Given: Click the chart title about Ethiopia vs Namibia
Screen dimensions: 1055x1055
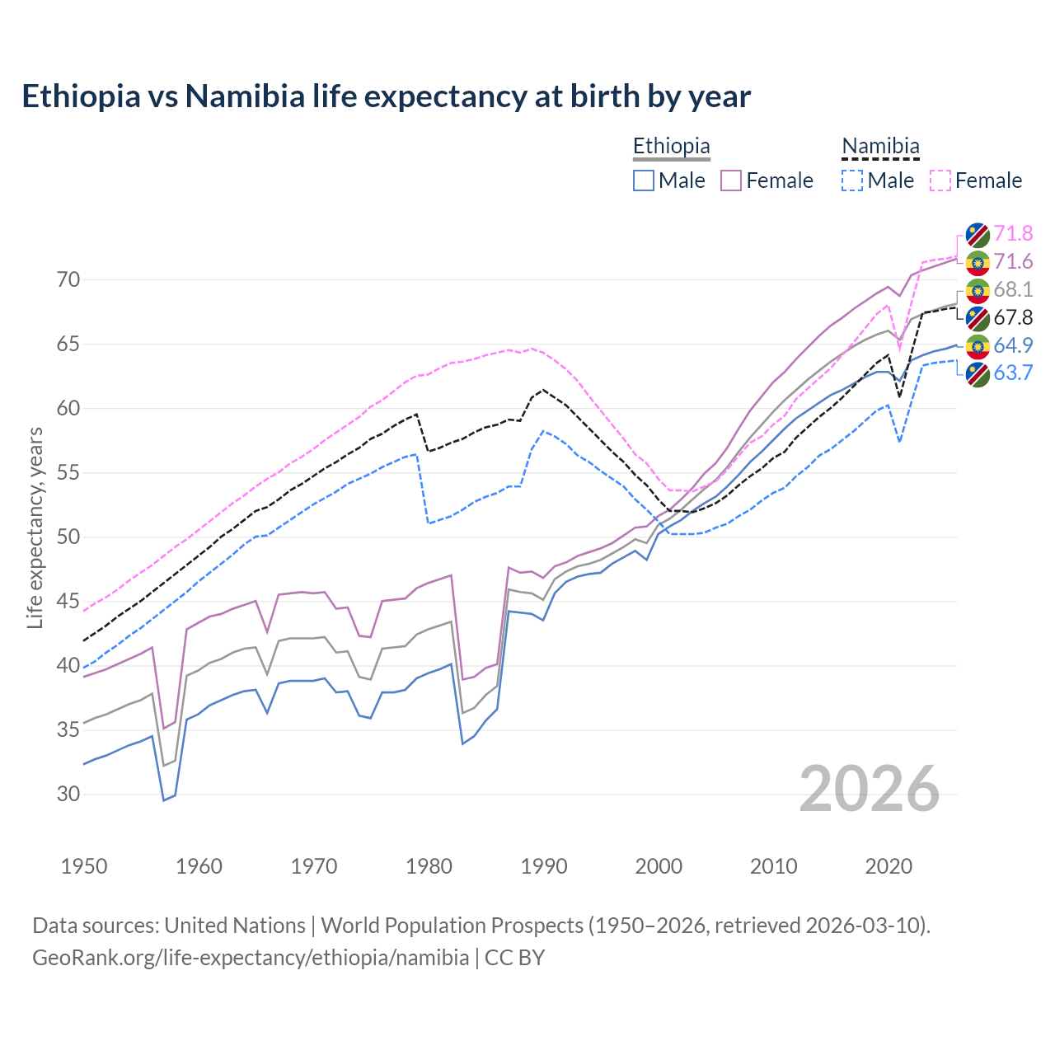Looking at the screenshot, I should (386, 96).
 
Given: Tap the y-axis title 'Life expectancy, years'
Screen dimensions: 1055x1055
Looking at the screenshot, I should (35, 527).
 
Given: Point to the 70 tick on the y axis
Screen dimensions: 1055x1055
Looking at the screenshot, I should (68, 280).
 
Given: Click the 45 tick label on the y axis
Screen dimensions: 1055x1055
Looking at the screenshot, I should (68, 602).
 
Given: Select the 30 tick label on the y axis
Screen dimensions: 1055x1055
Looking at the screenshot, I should (68, 795).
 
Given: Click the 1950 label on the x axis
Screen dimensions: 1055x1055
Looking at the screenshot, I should (84, 866).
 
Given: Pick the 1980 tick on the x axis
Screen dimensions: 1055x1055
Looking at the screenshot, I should (429, 866).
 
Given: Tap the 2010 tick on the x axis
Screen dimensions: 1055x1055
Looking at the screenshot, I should (773, 866).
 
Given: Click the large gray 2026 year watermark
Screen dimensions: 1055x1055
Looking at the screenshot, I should (869, 789).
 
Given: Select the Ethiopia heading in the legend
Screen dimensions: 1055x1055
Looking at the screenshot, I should (671, 146).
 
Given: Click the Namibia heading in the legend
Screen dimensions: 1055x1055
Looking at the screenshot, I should (880, 146).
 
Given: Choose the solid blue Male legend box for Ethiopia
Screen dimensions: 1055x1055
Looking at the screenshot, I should (644, 181).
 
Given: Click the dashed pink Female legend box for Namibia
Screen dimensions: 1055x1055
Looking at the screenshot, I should (940, 181).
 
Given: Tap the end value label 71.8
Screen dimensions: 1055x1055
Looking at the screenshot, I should (1013, 234).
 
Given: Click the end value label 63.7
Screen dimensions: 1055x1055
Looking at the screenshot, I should (1013, 373).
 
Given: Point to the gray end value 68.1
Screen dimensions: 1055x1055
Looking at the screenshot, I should (1013, 289).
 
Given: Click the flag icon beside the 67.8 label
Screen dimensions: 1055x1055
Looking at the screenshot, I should (978, 318).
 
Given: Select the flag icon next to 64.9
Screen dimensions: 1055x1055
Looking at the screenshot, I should (978, 346).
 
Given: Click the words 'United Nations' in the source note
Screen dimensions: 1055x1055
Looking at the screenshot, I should (235, 926).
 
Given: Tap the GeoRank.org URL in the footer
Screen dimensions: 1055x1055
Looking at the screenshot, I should (251, 958).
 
